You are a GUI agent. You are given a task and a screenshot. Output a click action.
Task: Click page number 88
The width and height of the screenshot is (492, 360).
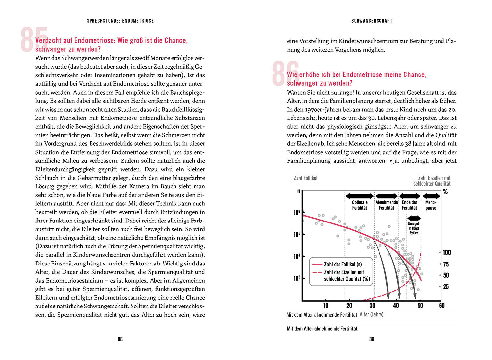tap(120, 339)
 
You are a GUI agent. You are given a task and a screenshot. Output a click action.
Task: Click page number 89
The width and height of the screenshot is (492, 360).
tap(372, 339)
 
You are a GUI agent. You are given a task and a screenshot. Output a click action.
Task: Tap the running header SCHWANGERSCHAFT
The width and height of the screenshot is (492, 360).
tap(372, 21)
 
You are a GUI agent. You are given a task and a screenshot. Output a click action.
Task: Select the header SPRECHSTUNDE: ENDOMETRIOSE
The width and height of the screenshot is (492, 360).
tap(120, 21)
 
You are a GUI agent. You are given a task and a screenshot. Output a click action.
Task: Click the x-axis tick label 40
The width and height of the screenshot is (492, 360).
tap(396, 306)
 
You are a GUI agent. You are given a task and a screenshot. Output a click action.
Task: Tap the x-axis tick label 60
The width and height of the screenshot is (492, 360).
tap(442, 306)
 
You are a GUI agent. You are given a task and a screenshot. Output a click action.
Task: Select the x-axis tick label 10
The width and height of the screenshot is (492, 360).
tap(326, 306)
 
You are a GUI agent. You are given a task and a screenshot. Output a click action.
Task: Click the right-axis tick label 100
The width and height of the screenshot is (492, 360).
tap(447, 252)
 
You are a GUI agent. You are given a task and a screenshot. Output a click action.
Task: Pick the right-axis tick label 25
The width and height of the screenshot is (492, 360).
tap(446, 287)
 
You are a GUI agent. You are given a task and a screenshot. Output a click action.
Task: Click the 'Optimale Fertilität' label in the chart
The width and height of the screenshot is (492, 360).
tap(359, 205)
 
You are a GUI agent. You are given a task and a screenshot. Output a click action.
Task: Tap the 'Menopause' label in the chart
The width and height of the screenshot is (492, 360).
tap(431, 205)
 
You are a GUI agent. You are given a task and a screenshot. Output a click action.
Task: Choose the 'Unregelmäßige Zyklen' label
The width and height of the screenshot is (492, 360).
tap(414, 228)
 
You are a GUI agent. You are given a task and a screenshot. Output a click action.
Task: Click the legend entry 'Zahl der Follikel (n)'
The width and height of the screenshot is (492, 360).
tap(343, 264)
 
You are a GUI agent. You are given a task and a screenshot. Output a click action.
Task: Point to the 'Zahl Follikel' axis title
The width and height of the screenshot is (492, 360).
tap(305, 178)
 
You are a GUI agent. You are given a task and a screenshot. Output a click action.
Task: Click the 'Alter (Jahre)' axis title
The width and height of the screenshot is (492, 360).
tap(372, 314)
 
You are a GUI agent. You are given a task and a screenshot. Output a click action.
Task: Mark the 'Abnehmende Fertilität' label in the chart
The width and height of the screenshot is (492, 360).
tap(386, 205)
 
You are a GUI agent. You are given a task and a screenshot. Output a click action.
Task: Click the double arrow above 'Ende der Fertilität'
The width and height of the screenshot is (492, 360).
tap(410, 196)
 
